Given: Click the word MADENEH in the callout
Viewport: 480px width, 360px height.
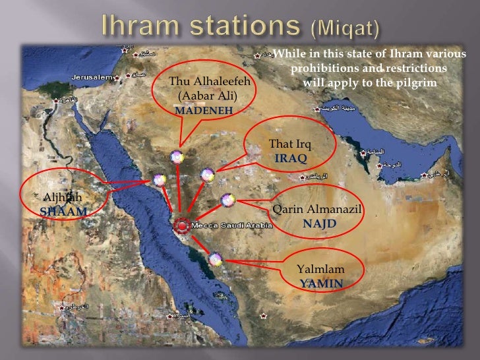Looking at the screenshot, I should tap(204, 111).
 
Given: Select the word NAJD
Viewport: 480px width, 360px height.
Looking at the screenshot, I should tap(319, 224).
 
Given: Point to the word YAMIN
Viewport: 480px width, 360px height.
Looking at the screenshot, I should tap(321, 284).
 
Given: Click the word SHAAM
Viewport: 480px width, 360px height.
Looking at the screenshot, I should tap(63, 212).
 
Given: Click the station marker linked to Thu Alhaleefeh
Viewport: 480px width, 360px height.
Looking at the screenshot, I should tap(176, 157).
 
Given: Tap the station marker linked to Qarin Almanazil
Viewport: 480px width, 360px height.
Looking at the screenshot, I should tap(227, 200).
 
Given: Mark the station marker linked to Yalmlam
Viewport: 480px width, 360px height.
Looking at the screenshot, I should tap(215, 260).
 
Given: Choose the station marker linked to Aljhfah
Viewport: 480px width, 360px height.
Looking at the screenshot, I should tap(159, 179).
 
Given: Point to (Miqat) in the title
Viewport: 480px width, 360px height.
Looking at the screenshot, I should tap(345, 28).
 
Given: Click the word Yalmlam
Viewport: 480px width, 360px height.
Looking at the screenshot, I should tap(320, 269).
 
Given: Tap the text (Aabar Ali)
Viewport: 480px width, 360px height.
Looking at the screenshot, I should tap(207, 96).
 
